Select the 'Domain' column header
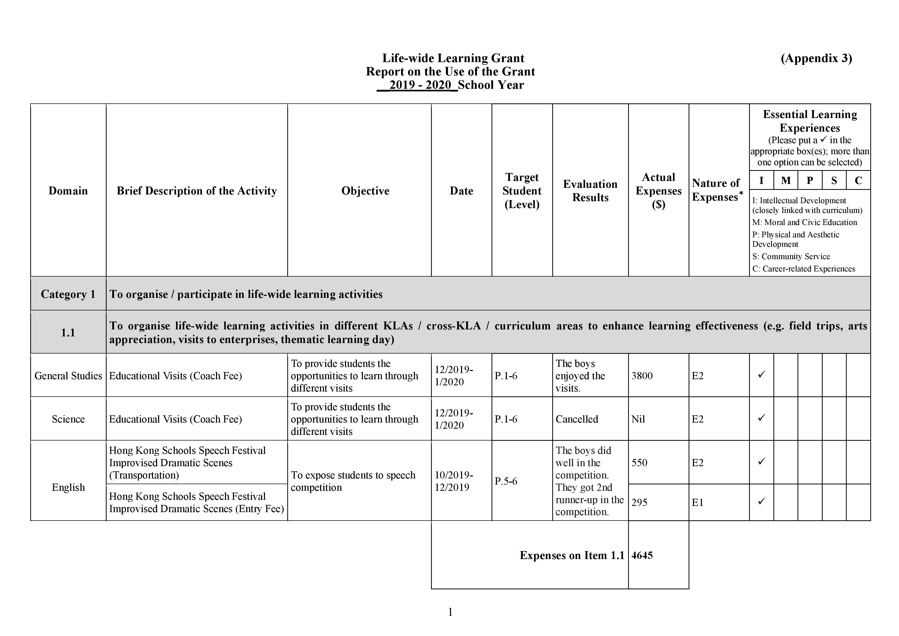pyautogui.click(x=68, y=191)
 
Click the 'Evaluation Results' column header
pyautogui.click(x=590, y=191)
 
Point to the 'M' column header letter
pyautogui.click(x=785, y=181)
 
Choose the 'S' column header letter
pyautogui.click(x=834, y=181)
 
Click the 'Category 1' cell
pyautogui.click(x=68, y=294)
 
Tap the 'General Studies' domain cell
pyautogui.click(x=68, y=376)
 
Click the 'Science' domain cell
pyautogui.click(x=68, y=419)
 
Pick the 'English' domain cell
pyautogui.click(x=68, y=487)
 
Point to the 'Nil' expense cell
pyautogui.click(x=638, y=419)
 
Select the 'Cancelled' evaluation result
pyautogui.click(x=577, y=419)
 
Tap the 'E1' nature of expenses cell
pyautogui.click(x=697, y=502)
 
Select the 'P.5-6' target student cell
pyautogui.click(x=506, y=481)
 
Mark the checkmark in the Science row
pyautogui.click(x=761, y=418)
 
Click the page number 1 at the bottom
pyautogui.click(x=450, y=612)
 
